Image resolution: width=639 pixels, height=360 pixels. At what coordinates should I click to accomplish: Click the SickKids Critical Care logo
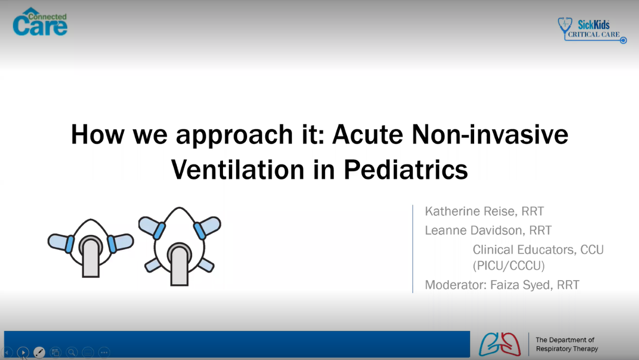pos(592,30)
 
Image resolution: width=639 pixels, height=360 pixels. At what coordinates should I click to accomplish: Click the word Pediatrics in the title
pos(406,169)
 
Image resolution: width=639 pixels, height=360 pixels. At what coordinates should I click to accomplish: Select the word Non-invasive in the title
pos(490,134)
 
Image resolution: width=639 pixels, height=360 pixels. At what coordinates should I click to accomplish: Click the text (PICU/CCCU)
pos(508,265)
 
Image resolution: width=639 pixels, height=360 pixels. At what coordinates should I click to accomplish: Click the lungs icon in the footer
pos(500,344)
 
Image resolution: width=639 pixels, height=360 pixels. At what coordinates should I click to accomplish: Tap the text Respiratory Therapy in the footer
pos(567,349)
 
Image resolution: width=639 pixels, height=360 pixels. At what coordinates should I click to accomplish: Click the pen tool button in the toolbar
pos(40,352)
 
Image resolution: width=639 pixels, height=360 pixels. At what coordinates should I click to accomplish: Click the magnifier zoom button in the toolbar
pos(72,352)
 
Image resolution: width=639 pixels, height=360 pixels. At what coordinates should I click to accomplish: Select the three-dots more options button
pos(104,352)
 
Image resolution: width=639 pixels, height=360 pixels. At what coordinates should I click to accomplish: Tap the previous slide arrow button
pos(7,352)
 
